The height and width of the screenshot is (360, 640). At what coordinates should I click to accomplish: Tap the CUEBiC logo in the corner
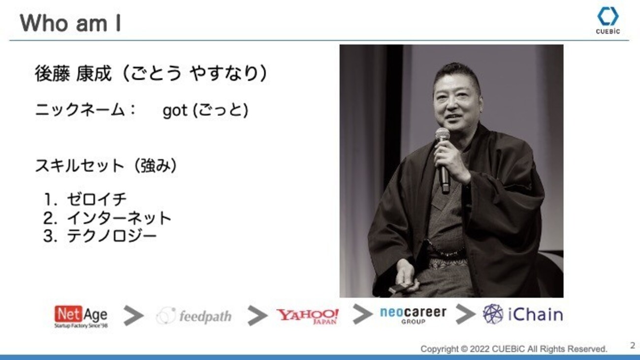(608, 21)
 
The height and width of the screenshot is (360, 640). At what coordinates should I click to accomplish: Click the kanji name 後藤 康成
(73, 73)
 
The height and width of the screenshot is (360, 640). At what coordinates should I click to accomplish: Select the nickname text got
(175, 111)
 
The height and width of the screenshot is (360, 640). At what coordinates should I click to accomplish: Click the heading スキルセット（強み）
(106, 165)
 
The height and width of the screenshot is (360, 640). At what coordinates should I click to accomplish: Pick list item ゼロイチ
(96, 199)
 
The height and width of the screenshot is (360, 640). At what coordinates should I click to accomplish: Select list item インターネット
(119, 218)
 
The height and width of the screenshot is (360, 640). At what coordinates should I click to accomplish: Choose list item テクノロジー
(112, 236)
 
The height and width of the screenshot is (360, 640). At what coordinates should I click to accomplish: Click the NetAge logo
(81, 316)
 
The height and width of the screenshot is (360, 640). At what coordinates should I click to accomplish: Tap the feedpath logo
(194, 316)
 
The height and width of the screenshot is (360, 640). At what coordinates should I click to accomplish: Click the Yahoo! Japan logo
(308, 316)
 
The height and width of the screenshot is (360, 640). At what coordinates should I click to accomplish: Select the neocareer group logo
(413, 315)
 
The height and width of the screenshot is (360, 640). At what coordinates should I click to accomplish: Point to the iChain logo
(523, 314)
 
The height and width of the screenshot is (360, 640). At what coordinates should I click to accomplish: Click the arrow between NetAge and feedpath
(133, 315)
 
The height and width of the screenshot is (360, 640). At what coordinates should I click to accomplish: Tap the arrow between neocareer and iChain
(465, 314)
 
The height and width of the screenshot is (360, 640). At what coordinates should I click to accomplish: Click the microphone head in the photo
(442, 134)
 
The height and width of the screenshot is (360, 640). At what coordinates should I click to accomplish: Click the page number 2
(632, 345)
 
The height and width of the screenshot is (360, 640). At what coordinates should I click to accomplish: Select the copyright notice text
(514, 349)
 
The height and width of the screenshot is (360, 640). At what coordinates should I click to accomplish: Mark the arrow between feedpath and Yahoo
(257, 315)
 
